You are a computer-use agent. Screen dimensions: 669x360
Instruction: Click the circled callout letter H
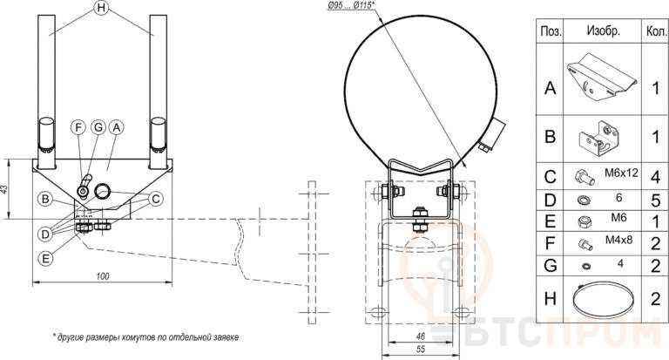point(101,8)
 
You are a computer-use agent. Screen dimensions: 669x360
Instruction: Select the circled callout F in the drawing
point(78,127)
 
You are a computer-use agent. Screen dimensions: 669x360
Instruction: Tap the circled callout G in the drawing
point(98,127)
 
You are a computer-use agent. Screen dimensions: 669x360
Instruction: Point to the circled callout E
point(45,258)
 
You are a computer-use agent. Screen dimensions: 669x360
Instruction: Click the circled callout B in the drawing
point(45,199)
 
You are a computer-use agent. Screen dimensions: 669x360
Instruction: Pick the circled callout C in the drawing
point(156,199)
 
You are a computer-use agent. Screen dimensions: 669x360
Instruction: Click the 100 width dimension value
point(103,276)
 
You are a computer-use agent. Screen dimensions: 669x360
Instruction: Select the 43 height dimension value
point(4,189)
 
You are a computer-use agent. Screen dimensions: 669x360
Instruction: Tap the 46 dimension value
point(420,336)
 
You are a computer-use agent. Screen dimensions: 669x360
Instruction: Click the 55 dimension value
point(420,350)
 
